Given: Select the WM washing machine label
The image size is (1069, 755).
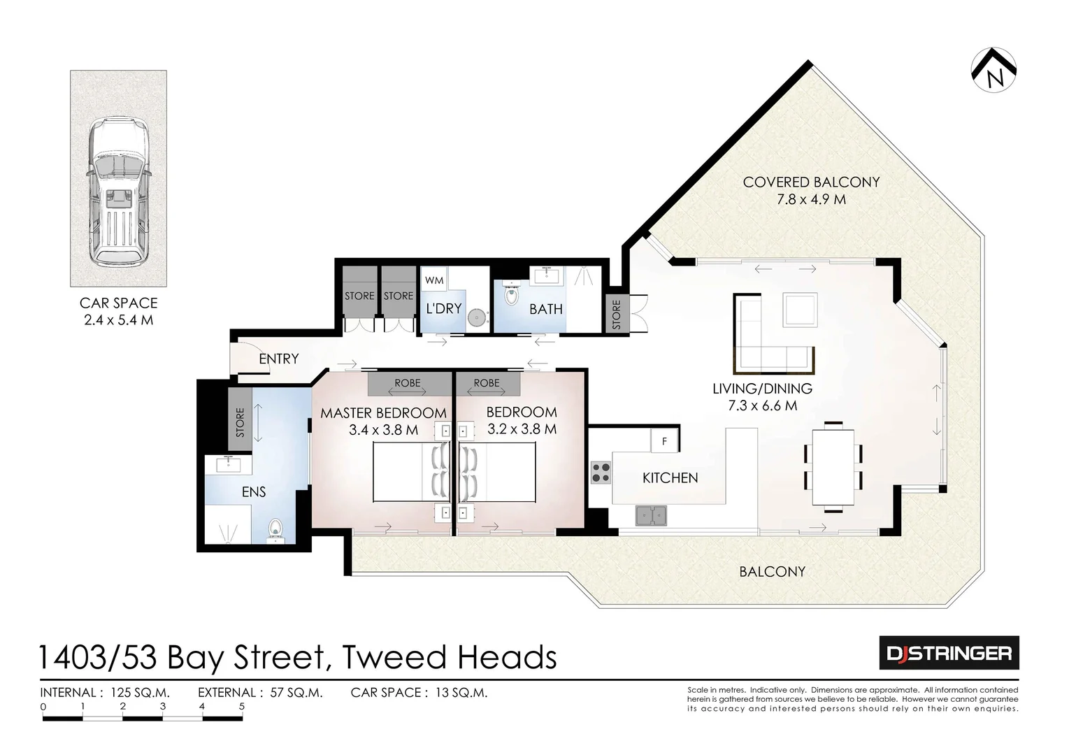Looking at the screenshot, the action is point(433,280).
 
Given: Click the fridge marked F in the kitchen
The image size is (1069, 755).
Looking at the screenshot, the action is point(664,441).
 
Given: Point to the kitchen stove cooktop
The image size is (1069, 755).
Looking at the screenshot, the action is point(601,473).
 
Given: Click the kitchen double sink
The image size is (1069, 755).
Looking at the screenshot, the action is point(651,515).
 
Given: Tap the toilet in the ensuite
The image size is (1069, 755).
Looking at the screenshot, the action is point(275,531).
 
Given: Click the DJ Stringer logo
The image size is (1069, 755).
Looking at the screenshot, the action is point(949,652).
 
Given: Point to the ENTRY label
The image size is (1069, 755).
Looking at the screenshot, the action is point(279,359).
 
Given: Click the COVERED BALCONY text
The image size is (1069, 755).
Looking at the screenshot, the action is point(811,182).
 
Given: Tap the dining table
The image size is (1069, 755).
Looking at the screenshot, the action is point(833,467).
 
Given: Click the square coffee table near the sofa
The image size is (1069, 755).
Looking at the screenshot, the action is point(800,310).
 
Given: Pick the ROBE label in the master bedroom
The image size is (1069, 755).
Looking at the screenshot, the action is point(408,383).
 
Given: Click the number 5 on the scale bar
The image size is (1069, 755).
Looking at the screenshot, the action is point(242,706).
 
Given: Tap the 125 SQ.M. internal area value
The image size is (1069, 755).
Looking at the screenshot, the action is point(141,693).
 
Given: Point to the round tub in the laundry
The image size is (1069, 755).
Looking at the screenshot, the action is point(476,318).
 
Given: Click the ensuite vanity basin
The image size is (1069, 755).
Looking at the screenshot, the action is point(229,464).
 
